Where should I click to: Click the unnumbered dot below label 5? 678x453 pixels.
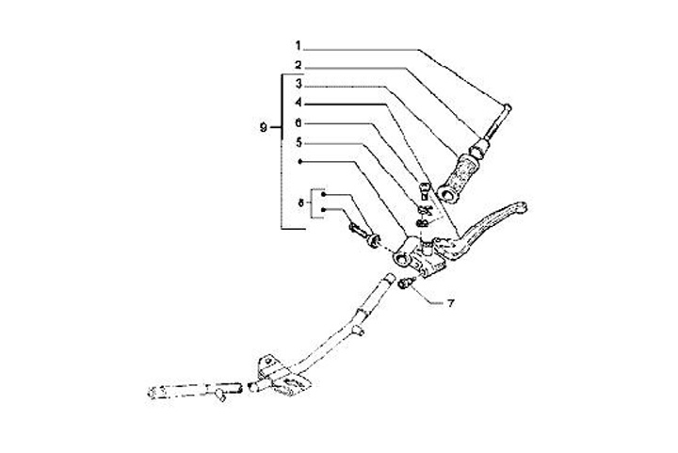tap(299, 163)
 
